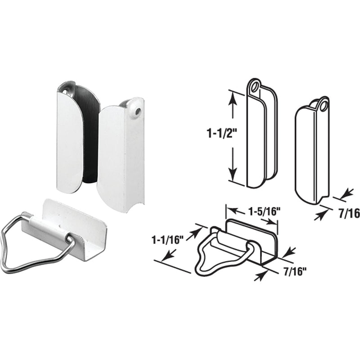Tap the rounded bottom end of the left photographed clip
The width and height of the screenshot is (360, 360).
(x=68, y=184)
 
